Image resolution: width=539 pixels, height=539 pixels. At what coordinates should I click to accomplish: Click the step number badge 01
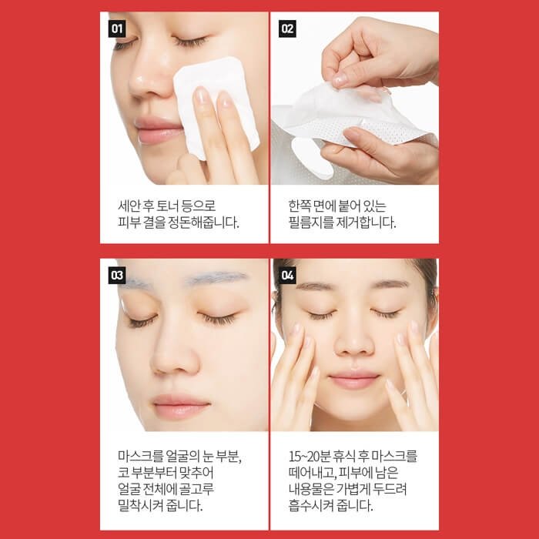(117, 28)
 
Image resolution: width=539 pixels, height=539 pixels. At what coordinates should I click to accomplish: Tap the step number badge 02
(287, 28)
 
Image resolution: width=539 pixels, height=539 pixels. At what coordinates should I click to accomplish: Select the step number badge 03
(117, 276)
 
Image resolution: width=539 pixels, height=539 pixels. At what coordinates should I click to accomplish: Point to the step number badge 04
(287, 276)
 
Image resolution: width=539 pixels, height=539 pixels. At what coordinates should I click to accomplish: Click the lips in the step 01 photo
(159, 130)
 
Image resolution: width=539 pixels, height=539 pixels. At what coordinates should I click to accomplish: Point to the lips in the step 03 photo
(181, 407)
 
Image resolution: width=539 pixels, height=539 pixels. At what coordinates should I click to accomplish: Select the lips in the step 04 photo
(354, 380)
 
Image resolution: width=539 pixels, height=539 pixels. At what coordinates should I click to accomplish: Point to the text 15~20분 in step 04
(310, 457)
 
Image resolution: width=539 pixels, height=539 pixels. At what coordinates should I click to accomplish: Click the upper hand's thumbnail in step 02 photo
(340, 80)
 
